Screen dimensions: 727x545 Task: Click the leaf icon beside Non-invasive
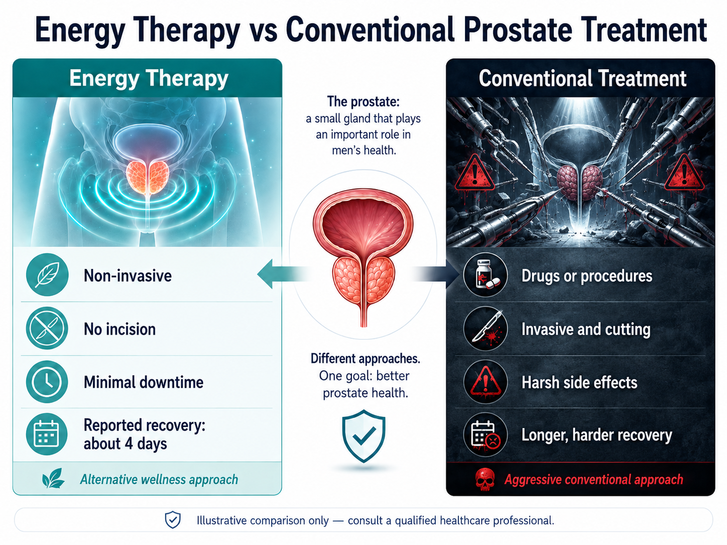point(47,275)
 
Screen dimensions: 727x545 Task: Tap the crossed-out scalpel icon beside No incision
point(47,328)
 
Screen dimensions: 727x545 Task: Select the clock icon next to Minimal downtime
point(47,382)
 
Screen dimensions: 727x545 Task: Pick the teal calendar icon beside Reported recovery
point(47,434)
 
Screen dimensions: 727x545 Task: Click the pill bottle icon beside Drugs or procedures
point(486,275)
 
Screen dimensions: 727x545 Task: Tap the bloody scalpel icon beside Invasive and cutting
point(486,329)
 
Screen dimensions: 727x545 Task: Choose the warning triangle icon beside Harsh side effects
point(486,382)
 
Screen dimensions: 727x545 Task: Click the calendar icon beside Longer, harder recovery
point(486,435)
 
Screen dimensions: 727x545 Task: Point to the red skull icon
point(485,479)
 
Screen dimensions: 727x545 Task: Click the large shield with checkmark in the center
point(363,436)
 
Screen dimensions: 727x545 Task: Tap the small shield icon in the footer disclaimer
point(173,520)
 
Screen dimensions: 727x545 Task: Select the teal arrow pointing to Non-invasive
point(285,274)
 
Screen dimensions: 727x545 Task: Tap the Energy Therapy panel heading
point(149,78)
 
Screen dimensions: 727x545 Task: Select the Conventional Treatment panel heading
point(582,78)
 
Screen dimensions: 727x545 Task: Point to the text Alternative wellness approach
point(159,479)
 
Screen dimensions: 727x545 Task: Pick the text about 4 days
point(125,444)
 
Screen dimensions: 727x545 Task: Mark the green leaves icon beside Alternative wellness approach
point(53,478)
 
